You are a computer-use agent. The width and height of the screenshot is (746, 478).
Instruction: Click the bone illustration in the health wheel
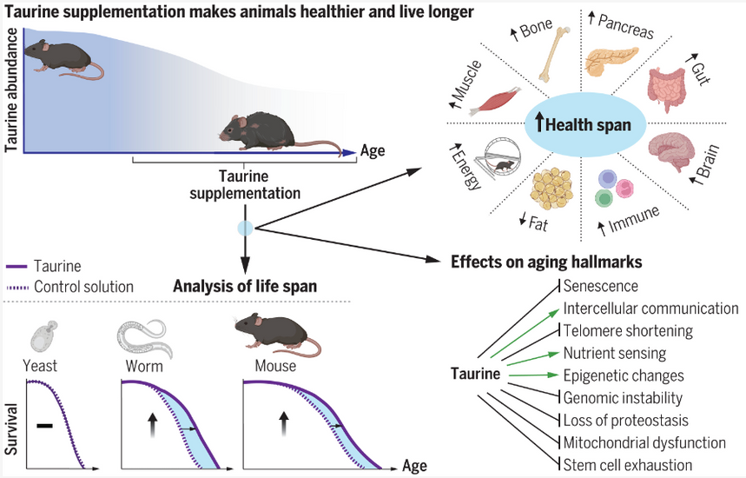point(554,54)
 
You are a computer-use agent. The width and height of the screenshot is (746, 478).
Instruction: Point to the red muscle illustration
point(495,102)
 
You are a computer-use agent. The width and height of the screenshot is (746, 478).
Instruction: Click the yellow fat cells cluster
point(551,189)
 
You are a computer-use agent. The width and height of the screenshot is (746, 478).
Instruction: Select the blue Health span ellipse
point(585,124)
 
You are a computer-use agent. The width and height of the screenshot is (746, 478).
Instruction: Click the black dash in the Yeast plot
point(44,425)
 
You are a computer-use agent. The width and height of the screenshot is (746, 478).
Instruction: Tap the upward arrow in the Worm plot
point(152,425)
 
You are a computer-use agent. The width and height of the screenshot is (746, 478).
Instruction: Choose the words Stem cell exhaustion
point(628,465)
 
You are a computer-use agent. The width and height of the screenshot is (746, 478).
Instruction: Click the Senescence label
point(600,286)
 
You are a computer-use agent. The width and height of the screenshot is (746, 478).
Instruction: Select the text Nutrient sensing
point(615,353)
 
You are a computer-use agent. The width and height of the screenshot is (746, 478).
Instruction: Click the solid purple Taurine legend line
point(17,267)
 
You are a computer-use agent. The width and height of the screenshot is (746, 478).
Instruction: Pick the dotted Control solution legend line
point(17,288)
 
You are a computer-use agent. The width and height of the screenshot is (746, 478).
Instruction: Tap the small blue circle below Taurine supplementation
point(245,229)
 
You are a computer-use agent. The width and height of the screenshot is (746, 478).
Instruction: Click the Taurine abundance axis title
point(11,90)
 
